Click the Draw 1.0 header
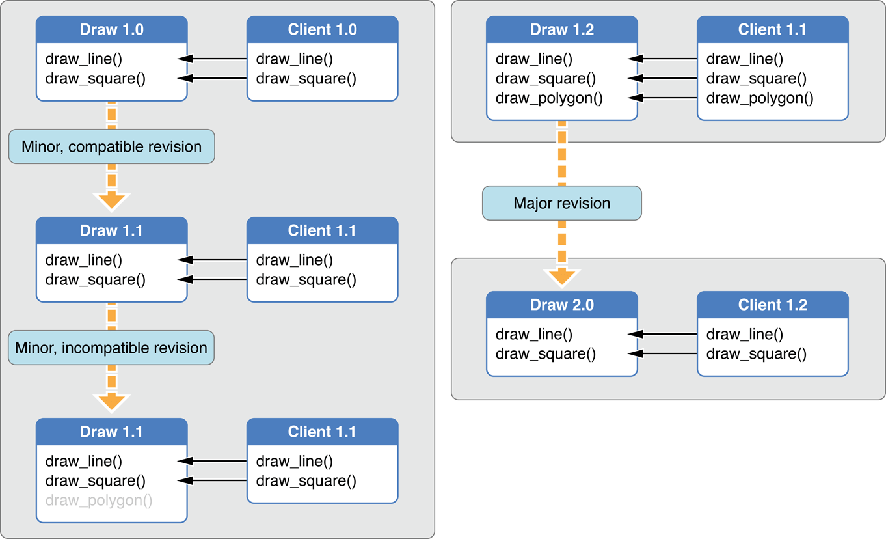pos(111,30)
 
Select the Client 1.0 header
pos(322,30)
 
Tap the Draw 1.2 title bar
pos(562,30)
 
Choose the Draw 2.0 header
pos(562,305)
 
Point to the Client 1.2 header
pos(772,305)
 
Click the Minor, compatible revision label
pos(111,146)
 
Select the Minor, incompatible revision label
pos(111,348)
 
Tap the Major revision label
pos(561,203)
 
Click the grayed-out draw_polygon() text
pos(99,501)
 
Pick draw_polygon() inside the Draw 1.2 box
pos(549,98)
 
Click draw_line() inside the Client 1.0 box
pos(294,59)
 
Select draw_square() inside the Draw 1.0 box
pos(95,79)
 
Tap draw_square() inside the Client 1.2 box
pos(756,354)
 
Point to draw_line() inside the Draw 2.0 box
pos(533,335)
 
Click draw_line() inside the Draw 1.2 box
pos(533,59)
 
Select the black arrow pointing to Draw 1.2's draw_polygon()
pos(664,98)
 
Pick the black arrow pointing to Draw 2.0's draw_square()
pos(664,354)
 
